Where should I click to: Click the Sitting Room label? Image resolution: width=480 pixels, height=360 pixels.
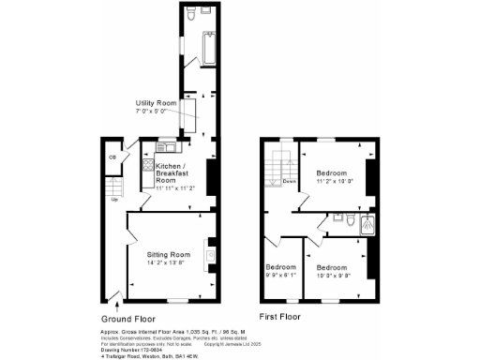[168, 254]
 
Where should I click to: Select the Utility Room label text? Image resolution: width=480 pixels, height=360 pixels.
[157, 102]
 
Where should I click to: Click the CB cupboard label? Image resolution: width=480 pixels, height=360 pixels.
[112, 157]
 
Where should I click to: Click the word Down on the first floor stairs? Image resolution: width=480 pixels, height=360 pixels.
[291, 181]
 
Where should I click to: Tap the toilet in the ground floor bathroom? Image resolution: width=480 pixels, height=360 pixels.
[192, 16]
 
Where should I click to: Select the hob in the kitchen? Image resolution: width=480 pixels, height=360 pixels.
[147, 166]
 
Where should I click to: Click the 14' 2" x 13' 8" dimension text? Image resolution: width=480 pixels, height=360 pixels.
[168, 263]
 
